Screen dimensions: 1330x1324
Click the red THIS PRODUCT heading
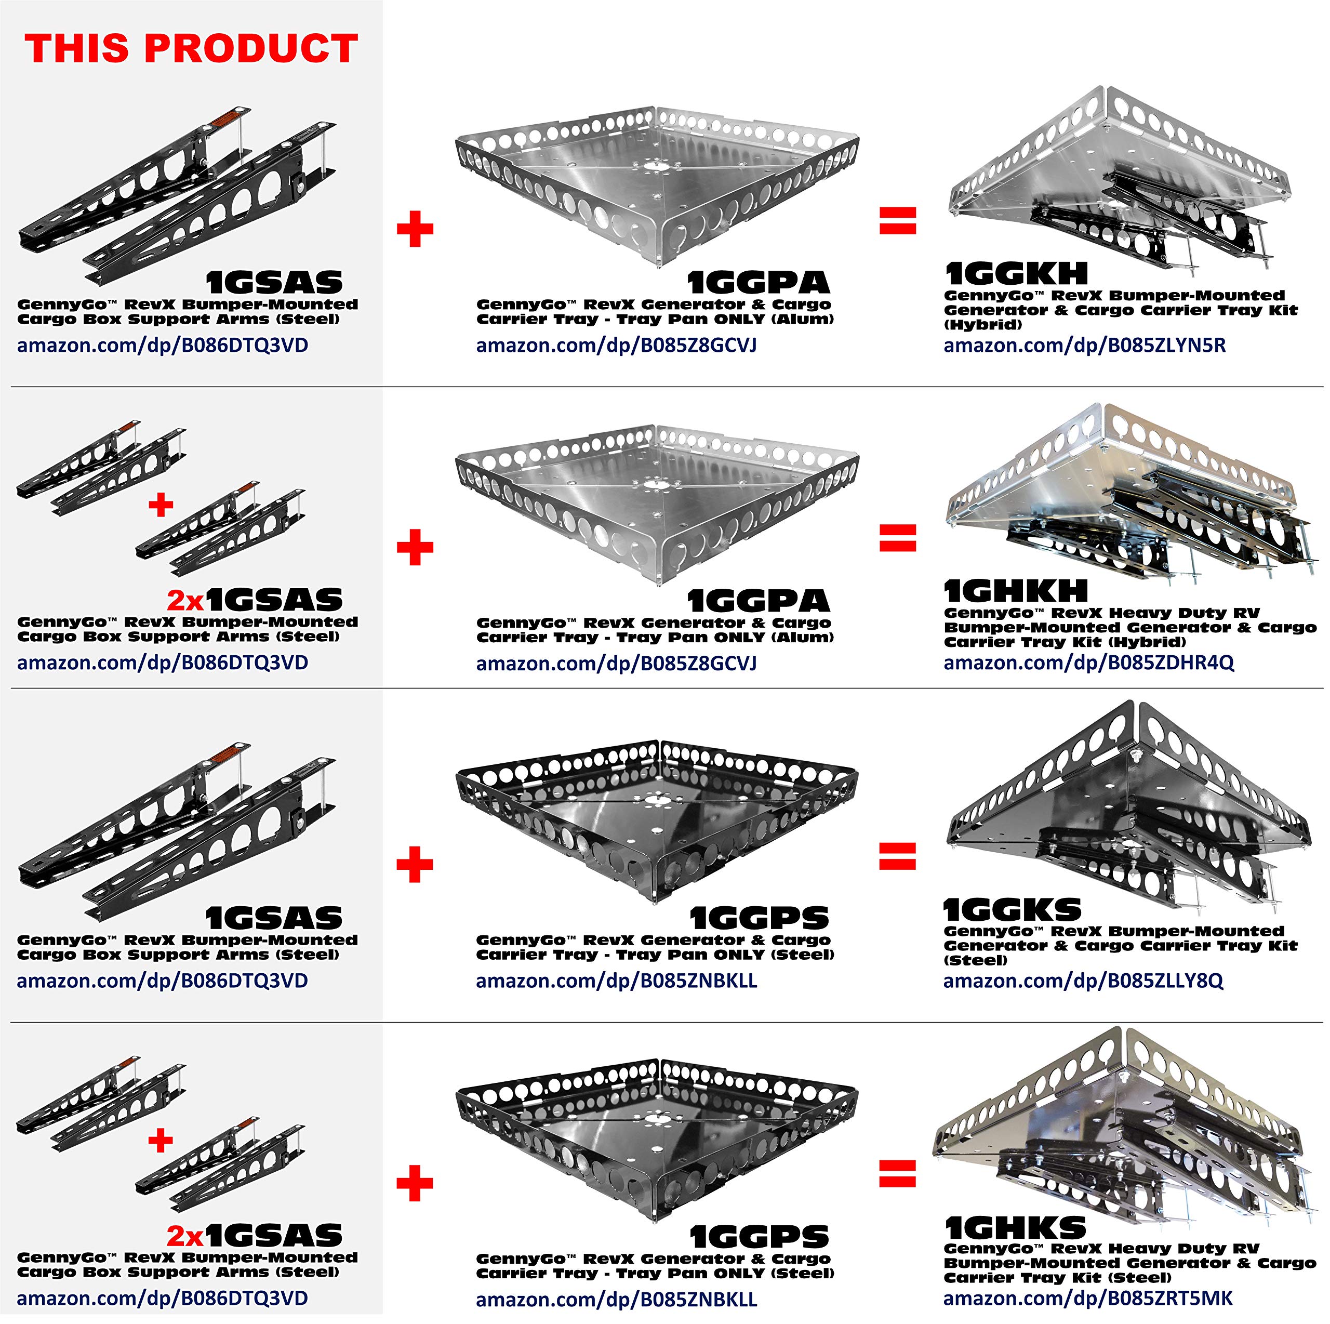tap(191, 48)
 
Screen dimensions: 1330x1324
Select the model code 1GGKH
tap(1016, 273)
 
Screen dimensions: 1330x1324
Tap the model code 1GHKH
tap(1016, 591)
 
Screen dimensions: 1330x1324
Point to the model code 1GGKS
tap(1013, 910)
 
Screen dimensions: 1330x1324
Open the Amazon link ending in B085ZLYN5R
tap(1085, 345)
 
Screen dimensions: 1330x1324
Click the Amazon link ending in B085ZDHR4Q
tap(1089, 663)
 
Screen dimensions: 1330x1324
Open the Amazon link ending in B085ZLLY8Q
tap(1084, 981)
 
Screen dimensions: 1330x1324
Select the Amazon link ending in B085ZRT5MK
tap(1088, 1298)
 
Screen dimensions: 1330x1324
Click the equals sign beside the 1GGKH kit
tap(898, 220)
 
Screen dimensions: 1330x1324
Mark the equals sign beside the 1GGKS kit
tap(898, 856)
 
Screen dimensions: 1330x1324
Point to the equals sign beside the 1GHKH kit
tap(898, 538)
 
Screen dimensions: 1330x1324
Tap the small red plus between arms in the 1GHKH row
tap(161, 506)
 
